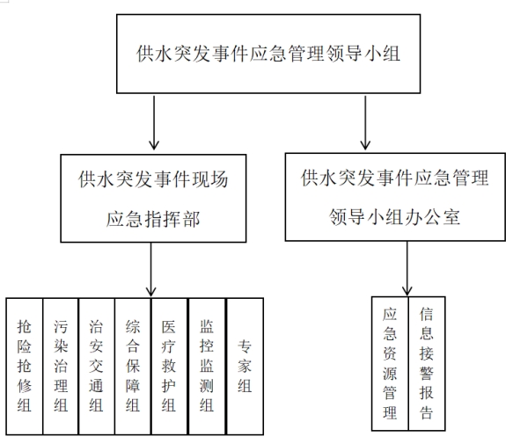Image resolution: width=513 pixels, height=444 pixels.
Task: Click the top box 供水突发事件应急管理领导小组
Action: (268, 54)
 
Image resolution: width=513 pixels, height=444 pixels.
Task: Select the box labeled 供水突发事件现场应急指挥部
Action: (153, 199)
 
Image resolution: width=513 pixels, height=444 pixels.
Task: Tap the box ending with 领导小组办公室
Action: (395, 197)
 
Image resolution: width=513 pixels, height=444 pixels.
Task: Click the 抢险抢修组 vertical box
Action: (25, 366)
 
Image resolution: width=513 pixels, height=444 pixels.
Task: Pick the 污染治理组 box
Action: (61, 366)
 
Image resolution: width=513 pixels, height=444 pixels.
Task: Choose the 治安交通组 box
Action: (97, 366)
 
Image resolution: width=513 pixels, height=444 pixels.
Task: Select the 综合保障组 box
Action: (133, 366)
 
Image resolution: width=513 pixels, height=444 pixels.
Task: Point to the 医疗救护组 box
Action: (169, 366)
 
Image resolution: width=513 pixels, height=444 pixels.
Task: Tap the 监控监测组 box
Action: (207, 366)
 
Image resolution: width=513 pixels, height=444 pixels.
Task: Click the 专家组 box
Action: (245, 366)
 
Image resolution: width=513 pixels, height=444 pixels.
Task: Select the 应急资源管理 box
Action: (390, 364)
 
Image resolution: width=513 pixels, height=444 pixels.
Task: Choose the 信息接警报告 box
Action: (427, 364)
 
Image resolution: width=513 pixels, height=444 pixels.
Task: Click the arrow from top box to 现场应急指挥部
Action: (154, 122)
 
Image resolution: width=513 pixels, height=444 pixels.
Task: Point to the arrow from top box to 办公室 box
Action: (365, 122)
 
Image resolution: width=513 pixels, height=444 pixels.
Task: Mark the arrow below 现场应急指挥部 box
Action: (150, 269)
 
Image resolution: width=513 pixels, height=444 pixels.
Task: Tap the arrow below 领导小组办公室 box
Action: (407, 268)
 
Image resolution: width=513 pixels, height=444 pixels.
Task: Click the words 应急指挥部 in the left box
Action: (153, 219)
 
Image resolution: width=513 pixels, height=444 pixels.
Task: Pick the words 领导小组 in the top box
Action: (363, 54)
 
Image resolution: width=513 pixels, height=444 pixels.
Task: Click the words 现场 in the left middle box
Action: (209, 179)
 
